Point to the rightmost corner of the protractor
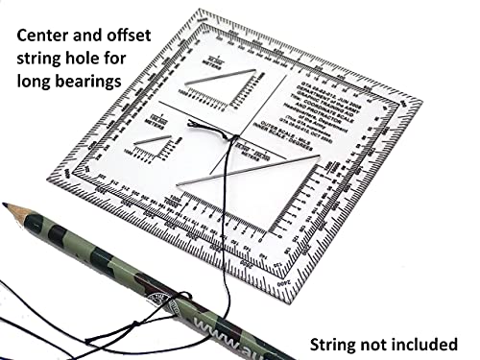coord(420,99)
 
